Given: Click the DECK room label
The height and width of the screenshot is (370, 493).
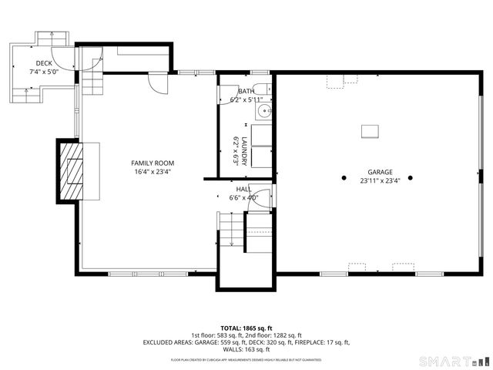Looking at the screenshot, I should (44, 63).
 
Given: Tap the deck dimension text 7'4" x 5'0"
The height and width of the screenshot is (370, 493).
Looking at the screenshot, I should (45, 72).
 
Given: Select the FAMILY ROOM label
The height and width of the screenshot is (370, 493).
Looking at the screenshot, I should (153, 163).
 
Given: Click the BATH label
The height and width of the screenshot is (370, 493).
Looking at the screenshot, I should (246, 92).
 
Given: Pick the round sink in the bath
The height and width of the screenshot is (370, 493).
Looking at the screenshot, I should (265, 111).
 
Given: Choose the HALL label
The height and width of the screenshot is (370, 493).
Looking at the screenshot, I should (243, 189).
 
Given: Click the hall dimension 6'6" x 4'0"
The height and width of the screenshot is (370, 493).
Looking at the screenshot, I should (243, 197).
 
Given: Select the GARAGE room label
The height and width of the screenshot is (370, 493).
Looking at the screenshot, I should (380, 173).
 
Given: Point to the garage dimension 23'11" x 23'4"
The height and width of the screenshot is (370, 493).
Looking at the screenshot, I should (380, 181).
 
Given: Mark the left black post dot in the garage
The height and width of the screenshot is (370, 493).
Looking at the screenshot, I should (344, 177).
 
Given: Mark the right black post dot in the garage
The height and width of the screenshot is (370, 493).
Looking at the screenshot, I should (410, 177).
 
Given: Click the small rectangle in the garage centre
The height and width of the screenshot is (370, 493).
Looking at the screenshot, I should (371, 131).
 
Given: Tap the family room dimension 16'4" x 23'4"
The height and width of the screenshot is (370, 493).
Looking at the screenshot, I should (153, 171).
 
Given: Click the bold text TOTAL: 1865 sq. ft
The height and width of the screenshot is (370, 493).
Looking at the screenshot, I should (246, 328).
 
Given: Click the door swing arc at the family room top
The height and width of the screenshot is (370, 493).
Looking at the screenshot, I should (158, 83).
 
